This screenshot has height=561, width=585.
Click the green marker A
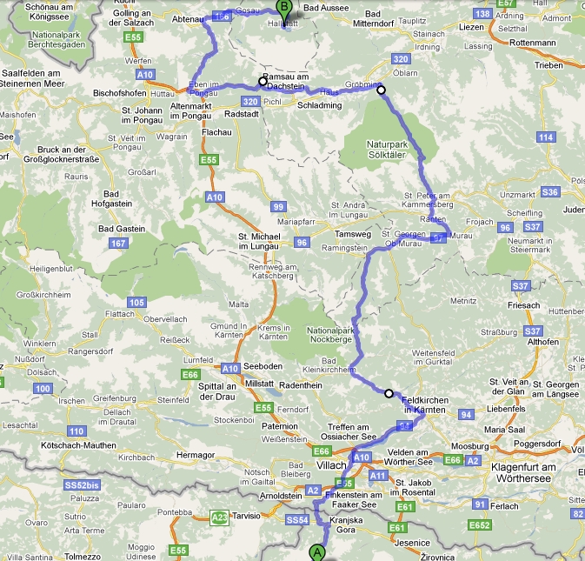317,551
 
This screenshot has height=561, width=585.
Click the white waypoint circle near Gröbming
381,90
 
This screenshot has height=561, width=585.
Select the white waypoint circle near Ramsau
263,83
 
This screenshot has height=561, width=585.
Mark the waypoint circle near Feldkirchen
389,392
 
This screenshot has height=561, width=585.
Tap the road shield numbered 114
546,137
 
